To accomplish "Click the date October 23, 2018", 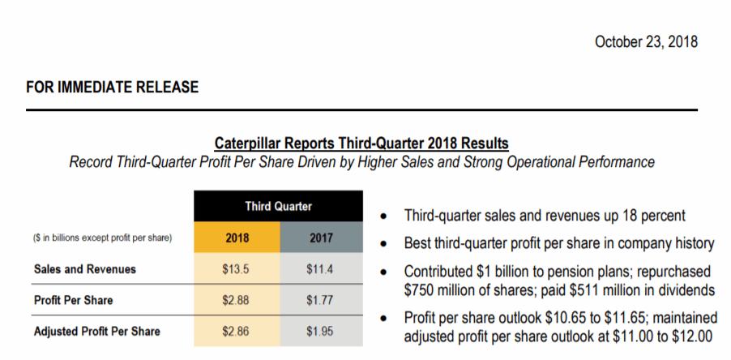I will click(x=646, y=41).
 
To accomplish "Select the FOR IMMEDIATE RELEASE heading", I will click(x=112, y=87).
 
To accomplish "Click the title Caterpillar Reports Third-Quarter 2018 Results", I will click(x=361, y=144).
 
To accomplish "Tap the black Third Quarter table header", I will click(x=278, y=206).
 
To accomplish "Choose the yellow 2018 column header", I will click(x=237, y=238).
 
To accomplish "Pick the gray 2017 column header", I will click(x=321, y=238).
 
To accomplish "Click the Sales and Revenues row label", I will click(x=85, y=269).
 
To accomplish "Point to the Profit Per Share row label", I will click(x=74, y=300).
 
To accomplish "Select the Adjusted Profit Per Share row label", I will click(x=97, y=331).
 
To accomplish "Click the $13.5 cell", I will click(x=237, y=269).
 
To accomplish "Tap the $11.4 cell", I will click(x=321, y=269).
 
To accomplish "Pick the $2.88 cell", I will click(x=237, y=300).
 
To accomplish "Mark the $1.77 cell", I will click(x=321, y=300).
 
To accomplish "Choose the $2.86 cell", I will click(x=237, y=331).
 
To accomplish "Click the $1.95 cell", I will click(x=321, y=331).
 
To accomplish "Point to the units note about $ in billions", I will click(x=102, y=238).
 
